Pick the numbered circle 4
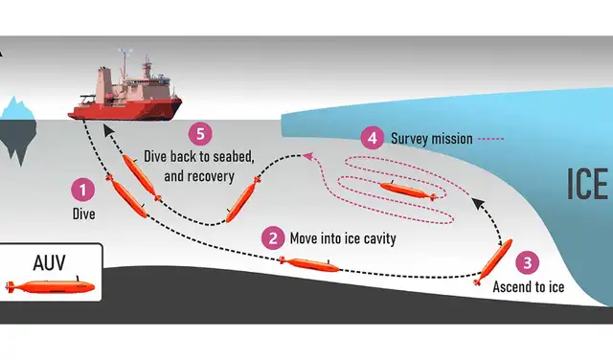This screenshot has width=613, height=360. pyautogui.click(x=375, y=138)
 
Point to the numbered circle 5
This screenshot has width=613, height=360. pyautogui.click(x=200, y=133)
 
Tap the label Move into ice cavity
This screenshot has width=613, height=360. pyautogui.click(x=342, y=238)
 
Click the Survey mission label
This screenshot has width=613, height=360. pyautogui.click(x=432, y=138)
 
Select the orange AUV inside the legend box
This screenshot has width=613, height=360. pyautogui.click(x=50, y=286)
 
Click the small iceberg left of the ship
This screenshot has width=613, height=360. pyautogui.click(x=18, y=121)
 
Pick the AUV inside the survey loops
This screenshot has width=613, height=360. pyautogui.click(x=407, y=189)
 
